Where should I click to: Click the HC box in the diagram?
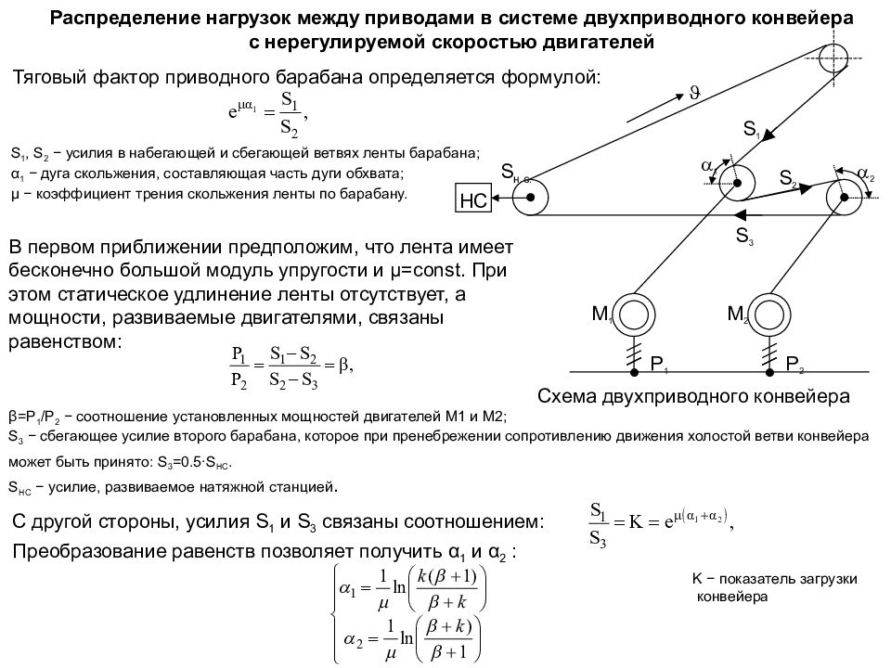(472, 199)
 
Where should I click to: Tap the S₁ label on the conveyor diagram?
(752, 129)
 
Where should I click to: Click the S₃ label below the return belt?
(744, 235)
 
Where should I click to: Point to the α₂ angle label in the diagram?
(865, 173)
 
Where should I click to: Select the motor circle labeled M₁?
(636, 315)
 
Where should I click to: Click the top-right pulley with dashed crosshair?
(833, 58)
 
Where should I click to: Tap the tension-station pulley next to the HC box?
(530, 198)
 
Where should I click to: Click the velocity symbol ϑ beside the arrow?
(694, 93)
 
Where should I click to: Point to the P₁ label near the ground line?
(659, 364)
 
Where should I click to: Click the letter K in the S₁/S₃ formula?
(636, 520)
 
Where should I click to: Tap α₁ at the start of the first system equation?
(348, 588)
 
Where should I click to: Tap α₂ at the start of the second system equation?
(353, 639)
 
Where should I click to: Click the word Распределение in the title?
(117, 19)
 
